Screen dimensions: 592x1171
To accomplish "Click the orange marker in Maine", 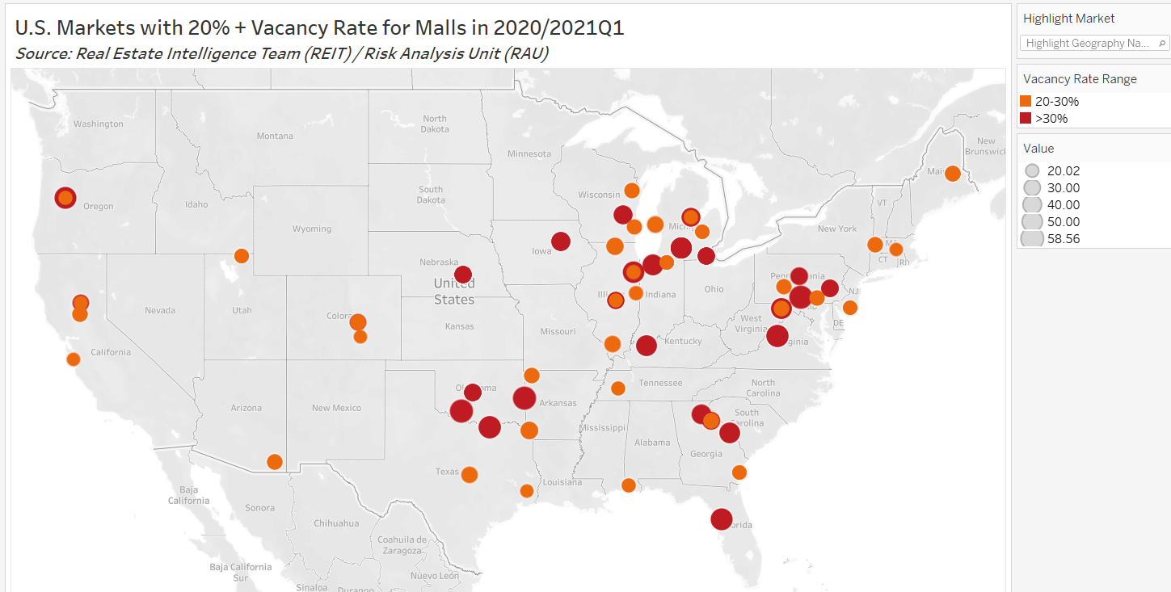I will coord(953,174).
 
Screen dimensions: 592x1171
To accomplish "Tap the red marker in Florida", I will coord(721,519).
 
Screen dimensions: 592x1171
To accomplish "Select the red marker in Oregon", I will coord(65,198).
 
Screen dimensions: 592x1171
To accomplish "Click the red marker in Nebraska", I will coord(463,275).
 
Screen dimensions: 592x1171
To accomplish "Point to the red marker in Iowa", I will coord(561,241).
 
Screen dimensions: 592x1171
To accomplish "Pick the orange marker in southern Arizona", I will coord(275,462).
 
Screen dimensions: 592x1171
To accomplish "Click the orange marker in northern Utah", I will coord(241,256).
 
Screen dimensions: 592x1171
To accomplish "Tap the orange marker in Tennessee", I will coord(618,388).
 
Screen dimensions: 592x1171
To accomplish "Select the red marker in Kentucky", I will coord(646,346).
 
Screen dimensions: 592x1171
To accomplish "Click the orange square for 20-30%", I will coord(1026,102).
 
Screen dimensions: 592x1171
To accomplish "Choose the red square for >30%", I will coord(1026,119).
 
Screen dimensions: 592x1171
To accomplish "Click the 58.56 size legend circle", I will coord(1032,238).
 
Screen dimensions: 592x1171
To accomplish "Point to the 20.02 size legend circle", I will coord(1032,171).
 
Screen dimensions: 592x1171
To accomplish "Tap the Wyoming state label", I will coord(312,229).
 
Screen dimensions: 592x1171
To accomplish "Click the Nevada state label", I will coord(159,310).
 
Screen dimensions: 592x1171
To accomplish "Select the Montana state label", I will coord(275,136).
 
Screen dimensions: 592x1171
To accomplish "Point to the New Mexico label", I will coord(336,408).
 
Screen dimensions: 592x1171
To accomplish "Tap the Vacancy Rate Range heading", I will coord(1080,78).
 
